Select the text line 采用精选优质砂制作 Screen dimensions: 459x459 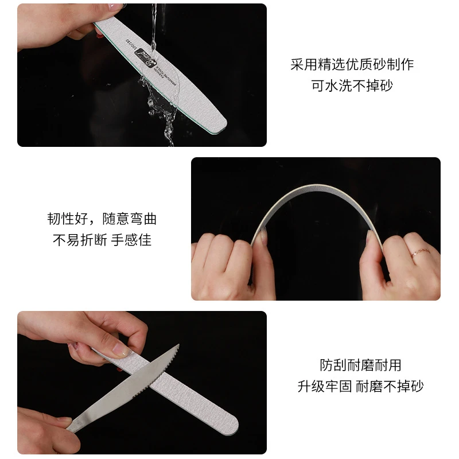352,64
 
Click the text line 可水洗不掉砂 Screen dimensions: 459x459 352,85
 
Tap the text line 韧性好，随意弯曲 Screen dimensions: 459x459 102,219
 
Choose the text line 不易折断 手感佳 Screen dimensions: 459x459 102,240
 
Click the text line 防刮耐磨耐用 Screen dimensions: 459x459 360,365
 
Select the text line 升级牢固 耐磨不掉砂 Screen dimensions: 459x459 360,386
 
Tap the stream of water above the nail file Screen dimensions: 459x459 154,17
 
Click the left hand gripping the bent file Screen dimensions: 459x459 229,264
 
